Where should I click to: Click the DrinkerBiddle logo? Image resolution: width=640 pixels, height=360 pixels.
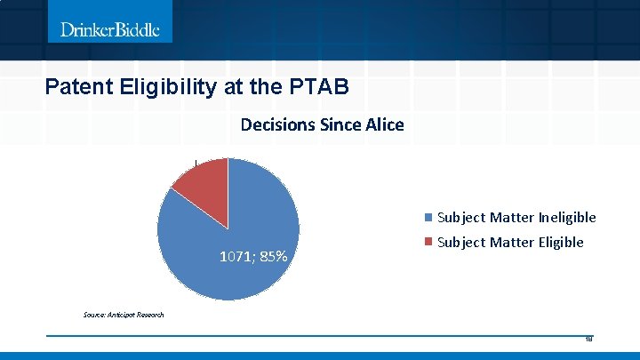(x=110, y=29)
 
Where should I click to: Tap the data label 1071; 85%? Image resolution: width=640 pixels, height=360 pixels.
(x=253, y=257)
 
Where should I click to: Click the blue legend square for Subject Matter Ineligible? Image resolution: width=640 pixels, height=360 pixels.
(x=429, y=218)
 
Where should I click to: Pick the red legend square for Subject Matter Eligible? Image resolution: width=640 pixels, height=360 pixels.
(x=429, y=243)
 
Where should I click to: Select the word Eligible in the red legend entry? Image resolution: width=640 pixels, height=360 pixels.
(x=556, y=243)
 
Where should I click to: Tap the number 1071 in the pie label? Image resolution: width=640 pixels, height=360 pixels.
(x=235, y=257)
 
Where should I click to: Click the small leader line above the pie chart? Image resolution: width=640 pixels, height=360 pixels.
(x=196, y=163)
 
